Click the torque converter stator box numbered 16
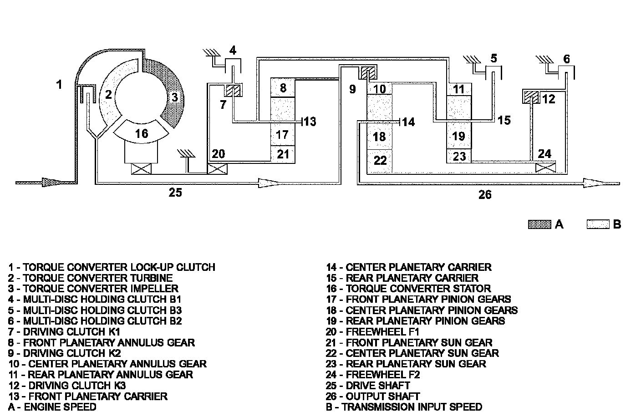(x=141, y=132)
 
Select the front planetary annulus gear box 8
(x=283, y=87)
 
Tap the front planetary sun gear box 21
(x=283, y=154)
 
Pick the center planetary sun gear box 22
(x=379, y=161)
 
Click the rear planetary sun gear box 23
(x=459, y=156)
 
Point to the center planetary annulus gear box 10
(x=379, y=89)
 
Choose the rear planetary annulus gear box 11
(x=459, y=90)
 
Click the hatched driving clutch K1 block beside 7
(x=233, y=90)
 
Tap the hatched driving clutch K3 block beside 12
(x=531, y=97)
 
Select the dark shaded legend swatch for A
(x=539, y=224)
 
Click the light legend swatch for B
(x=598, y=224)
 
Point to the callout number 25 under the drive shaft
(x=175, y=192)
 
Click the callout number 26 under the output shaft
(x=485, y=195)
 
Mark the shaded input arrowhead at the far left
(x=51, y=182)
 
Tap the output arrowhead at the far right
(x=593, y=183)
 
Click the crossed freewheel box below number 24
(x=545, y=168)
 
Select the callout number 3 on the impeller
(x=175, y=97)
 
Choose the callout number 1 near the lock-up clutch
(x=59, y=84)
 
